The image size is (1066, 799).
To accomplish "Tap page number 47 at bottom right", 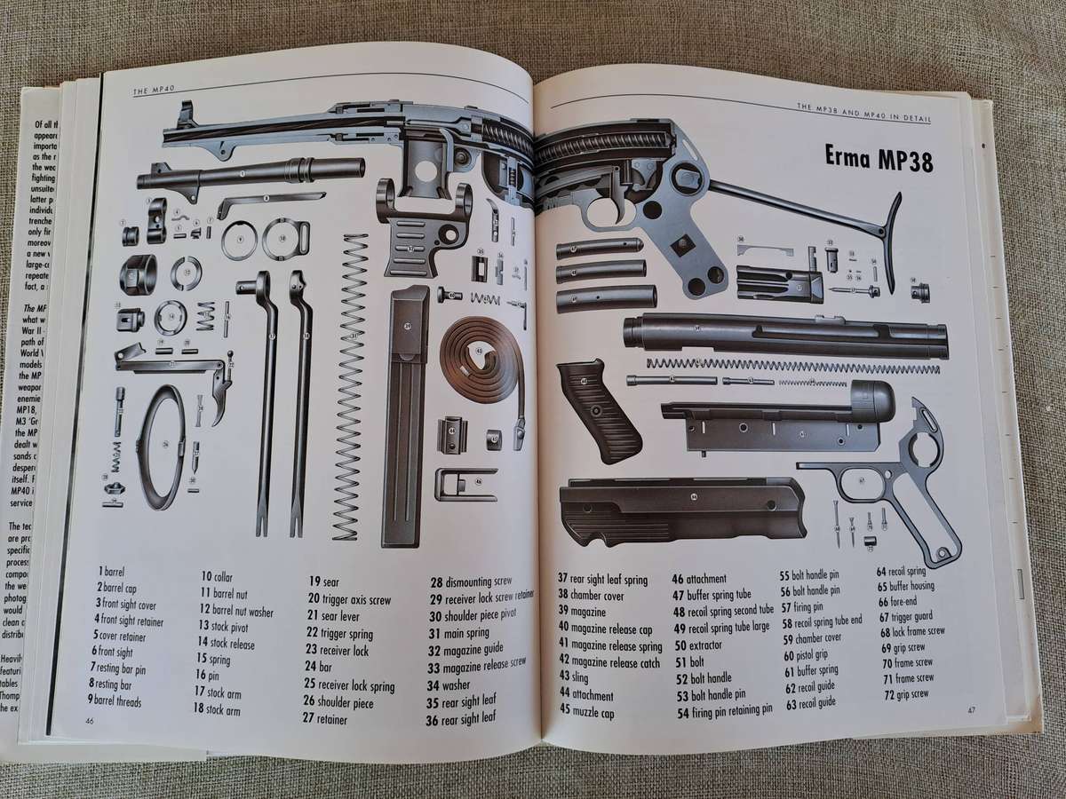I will coord(972,708).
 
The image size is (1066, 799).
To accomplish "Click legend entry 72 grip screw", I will coord(905,692).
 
